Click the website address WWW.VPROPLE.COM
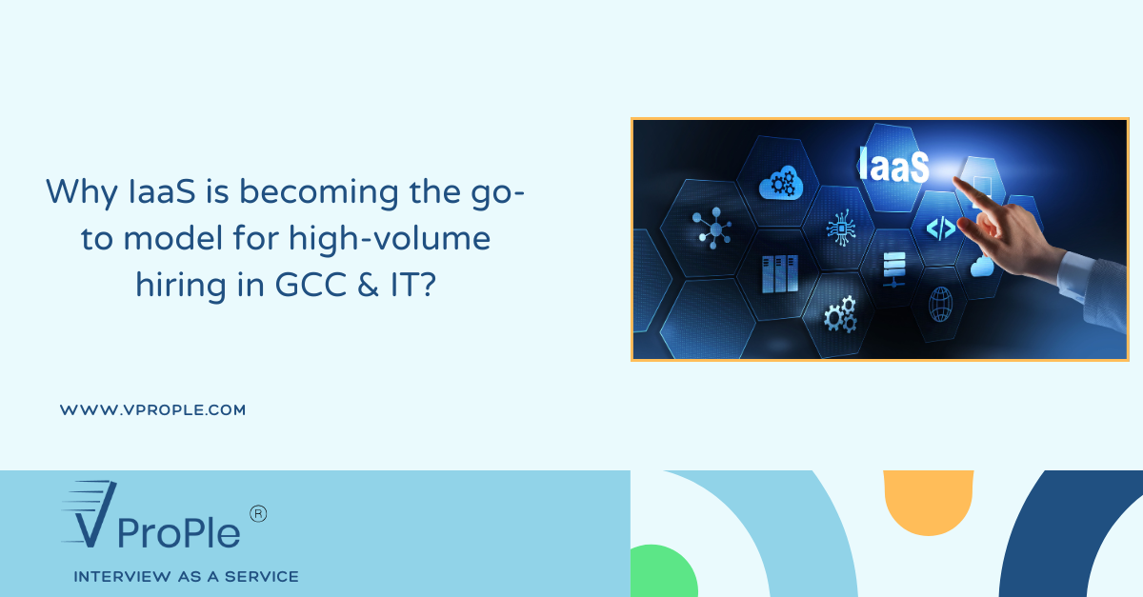[152, 410]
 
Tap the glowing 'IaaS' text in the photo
[892, 165]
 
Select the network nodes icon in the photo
[712, 229]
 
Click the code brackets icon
[941, 228]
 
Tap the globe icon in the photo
[940, 302]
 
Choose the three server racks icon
[779, 274]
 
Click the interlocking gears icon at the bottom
[839, 314]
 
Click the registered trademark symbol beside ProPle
[257, 513]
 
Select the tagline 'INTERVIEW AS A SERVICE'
[186, 577]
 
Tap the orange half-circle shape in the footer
[928, 500]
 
